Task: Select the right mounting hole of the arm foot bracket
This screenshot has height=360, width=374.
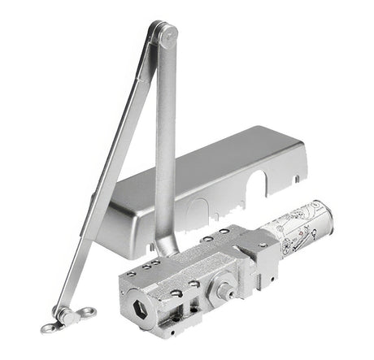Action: (87, 311)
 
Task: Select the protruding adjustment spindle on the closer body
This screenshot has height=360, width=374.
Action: (221, 288)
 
